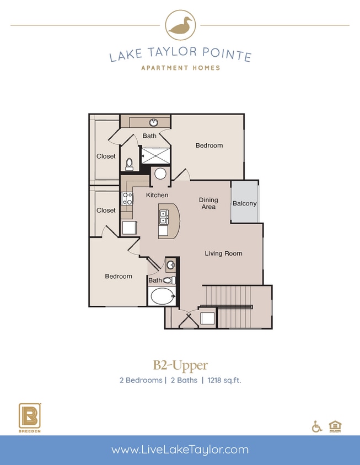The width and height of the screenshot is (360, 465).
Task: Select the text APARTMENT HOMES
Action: pos(180,68)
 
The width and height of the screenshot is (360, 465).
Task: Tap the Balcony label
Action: pos(244,203)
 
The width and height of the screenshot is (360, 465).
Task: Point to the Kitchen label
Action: pos(157,195)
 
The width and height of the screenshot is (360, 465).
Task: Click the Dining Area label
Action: pos(208,203)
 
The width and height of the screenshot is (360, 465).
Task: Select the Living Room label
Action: pos(223,253)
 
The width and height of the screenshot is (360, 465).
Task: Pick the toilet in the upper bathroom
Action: pos(130,164)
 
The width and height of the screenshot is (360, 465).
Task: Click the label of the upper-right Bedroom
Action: pos(209,145)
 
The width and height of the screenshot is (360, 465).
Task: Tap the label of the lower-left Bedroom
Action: pos(119,276)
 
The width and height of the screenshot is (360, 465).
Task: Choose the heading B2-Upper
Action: pos(180,365)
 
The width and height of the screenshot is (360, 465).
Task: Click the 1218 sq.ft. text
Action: pos(224,380)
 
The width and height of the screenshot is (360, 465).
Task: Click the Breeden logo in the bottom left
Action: pos(29,418)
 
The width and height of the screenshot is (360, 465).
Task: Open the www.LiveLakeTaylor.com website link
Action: pos(180,450)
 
